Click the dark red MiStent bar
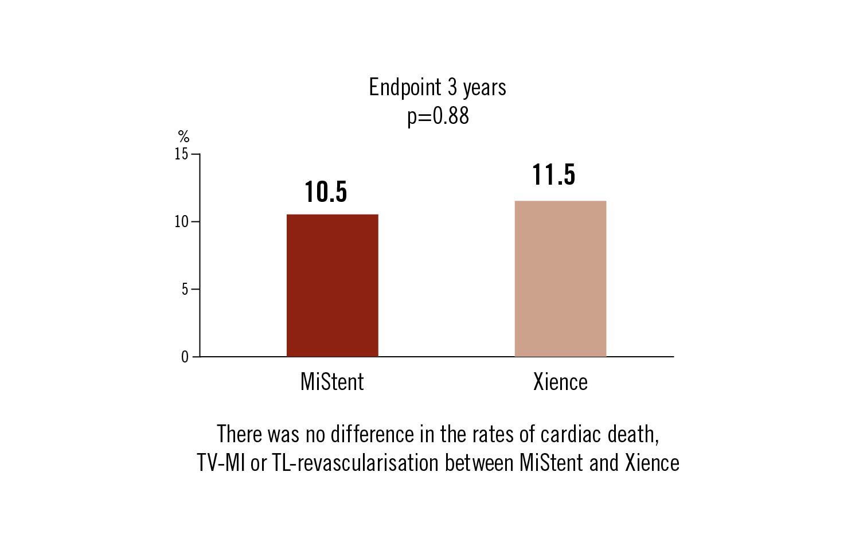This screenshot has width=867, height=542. tap(332, 285)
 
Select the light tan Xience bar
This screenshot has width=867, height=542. tap(560, 279)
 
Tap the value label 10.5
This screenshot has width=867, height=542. tap(326, 192)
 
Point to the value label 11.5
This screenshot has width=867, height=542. tap(553, 175)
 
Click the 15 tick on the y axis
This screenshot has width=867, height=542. tap(181, 154)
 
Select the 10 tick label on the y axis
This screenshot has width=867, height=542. tap(181, 222)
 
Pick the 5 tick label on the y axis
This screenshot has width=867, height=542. tap(185, 290)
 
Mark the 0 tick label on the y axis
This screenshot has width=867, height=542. tap(185, 357)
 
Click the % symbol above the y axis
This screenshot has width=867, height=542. tap(183, 137)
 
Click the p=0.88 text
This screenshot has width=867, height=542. tap(438, 116)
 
